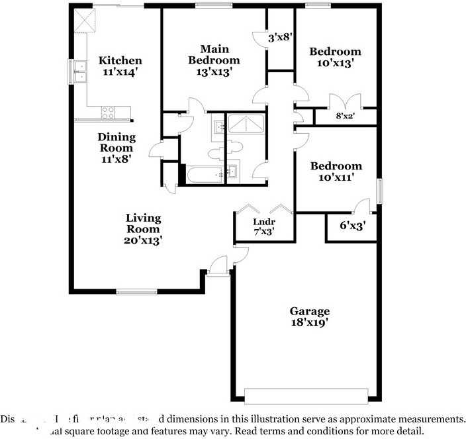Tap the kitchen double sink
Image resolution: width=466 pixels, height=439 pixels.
click(x=81, y=71)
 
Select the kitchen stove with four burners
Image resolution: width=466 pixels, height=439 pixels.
click(x=107, y=113)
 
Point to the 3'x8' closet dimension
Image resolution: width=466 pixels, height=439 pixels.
click(x=280, y=38)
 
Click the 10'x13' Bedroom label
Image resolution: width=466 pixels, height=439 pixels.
click(x=336, y=58)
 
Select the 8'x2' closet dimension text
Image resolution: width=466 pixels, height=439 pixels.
click(x=346, y=116)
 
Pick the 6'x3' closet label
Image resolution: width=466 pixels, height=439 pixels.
click(x=353, y=226)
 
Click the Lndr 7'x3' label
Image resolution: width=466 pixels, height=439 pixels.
click(x=264, y=227)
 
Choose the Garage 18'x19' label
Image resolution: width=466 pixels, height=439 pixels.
click(x=309, y=317)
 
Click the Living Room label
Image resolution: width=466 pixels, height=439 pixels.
click(x=144, y=229)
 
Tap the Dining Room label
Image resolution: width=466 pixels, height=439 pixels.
click(x=117, y=148)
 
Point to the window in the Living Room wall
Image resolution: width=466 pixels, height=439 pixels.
click(x=136, y=291)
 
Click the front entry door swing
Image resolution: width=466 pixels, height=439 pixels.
click(x=217, y=265)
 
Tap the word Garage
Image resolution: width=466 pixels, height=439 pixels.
click(x=309, y=311)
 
